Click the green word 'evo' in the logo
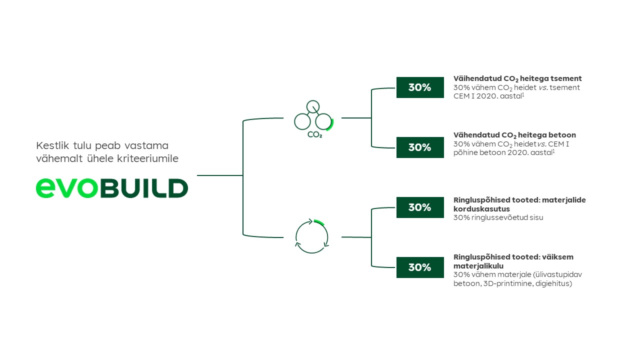point(67,187)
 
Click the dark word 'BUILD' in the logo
point(144,188)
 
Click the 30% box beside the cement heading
point(420,87)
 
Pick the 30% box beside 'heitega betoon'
point(420,147)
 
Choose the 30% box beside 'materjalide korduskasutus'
point(420,207)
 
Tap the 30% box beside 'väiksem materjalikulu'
point(420,267)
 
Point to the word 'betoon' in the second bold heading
point(562,135)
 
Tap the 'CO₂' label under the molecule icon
point(314,134)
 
